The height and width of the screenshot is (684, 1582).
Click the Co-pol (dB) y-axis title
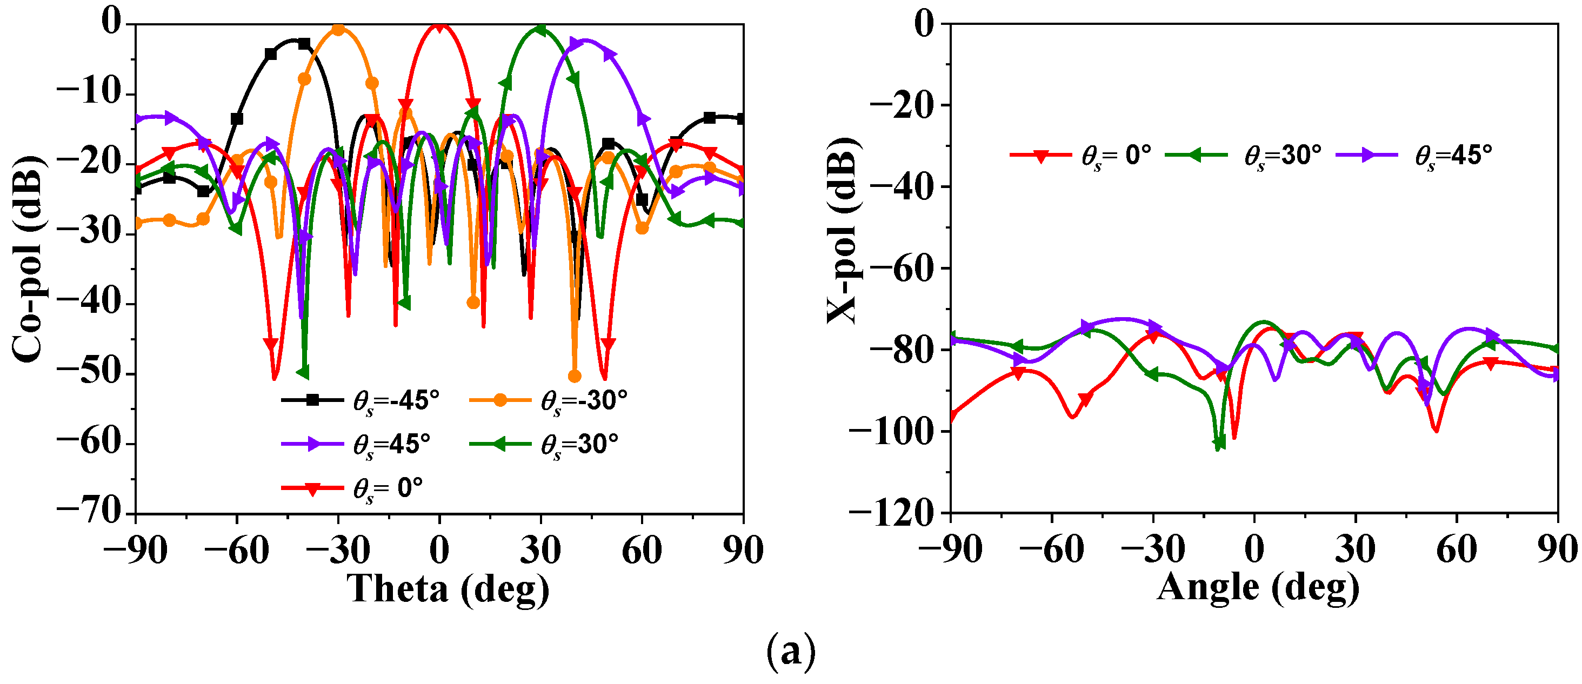point(28,258)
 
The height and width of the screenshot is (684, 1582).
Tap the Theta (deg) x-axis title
point(448,588)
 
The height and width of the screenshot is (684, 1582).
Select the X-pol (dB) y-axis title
point(842,230)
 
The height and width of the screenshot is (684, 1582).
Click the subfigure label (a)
point(791,652)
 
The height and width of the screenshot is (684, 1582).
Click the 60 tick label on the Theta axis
point(642,549)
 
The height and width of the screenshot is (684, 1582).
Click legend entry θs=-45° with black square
point(362,400)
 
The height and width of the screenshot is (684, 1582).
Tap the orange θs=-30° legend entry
point(550,400)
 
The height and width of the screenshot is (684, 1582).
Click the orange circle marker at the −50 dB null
point(575,377)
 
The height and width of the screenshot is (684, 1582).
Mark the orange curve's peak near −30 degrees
point(338,29)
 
